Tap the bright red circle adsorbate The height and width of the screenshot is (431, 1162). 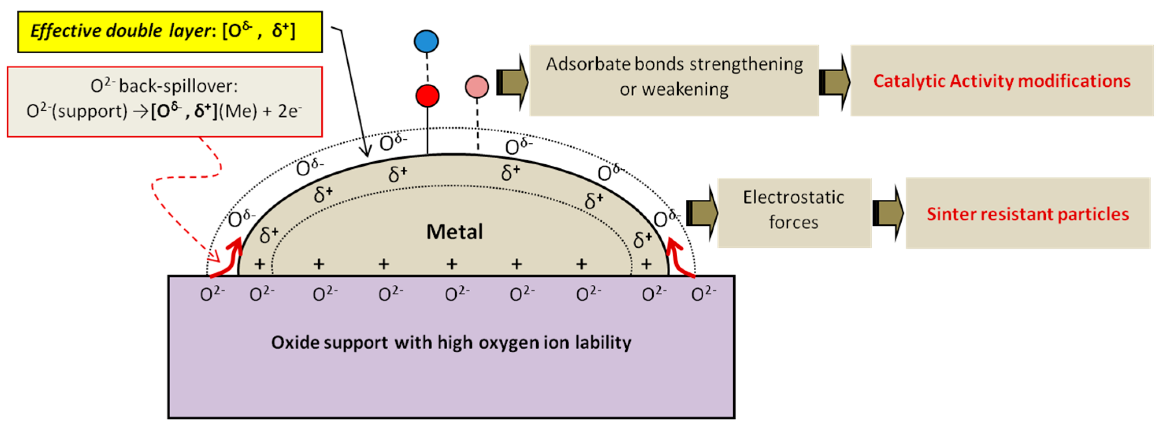(427, 96)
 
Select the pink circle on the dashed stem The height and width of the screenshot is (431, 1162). (477, 87)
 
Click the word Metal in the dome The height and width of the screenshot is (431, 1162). (454, 232)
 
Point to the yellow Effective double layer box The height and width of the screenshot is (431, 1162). (170, 32)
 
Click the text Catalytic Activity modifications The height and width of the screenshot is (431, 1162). (1001, 81)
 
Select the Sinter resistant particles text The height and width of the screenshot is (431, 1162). (1028, 214)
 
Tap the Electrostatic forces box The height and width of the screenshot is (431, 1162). (794, 213)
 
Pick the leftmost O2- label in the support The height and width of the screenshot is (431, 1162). (212, 294)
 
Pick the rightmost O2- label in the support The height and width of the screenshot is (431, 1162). (703, 294)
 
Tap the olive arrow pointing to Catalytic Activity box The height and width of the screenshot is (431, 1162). (834, 82)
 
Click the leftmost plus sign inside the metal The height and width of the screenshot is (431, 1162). (259, 264)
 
